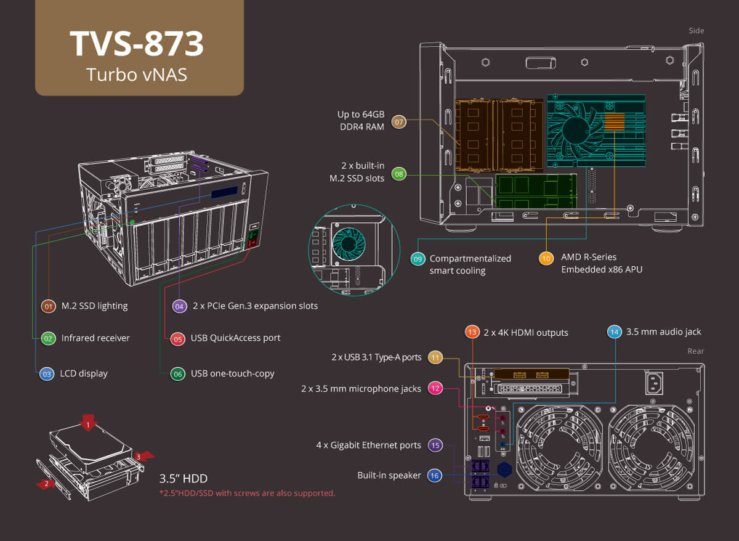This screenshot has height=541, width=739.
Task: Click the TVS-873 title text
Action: point(137,44)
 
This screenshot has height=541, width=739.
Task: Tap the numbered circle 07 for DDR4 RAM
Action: point(399,122)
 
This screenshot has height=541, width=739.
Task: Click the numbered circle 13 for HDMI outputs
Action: point(472,332)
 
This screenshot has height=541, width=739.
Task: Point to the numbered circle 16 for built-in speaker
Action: point(435,476)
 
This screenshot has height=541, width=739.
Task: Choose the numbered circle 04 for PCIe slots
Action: point(179,306)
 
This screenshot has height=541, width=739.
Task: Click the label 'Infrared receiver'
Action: point(95,338)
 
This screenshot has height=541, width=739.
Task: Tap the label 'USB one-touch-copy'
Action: point(232,373)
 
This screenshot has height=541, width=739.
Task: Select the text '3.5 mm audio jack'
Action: point(663,332)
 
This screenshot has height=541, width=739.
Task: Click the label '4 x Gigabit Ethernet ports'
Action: point(368,445)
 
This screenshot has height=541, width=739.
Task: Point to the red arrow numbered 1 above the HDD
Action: point(89,423)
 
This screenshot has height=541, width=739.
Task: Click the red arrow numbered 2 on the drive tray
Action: point(46,484)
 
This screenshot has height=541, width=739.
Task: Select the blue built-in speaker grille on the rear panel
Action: point(505,469)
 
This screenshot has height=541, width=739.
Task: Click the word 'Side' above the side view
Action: point(696,30)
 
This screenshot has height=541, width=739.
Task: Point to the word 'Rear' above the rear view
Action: point(695,351)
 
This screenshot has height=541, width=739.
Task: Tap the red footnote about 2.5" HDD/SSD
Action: point(247,493)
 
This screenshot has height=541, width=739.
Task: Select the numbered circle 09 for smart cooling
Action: point(418,259)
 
